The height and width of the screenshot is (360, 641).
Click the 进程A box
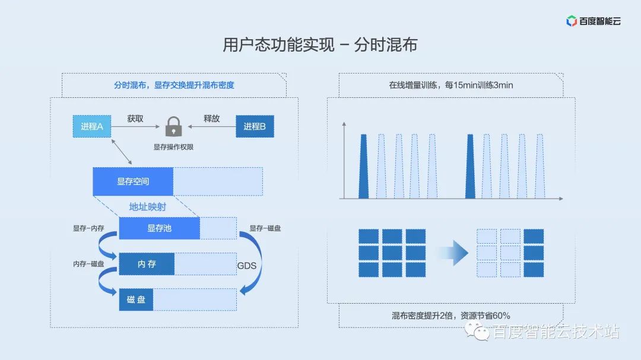92,126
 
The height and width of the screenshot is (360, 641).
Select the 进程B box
255,126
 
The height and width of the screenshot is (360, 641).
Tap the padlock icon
173,126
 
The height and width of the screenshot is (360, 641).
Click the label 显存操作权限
173,146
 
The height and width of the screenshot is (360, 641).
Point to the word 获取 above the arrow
135,119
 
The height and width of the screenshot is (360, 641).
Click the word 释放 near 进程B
212,119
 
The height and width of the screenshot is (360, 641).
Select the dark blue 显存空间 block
133,181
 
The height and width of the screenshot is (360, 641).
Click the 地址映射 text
148,207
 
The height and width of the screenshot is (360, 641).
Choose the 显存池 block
159,228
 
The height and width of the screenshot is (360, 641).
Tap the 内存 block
147,264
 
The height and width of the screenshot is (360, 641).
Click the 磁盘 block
136,300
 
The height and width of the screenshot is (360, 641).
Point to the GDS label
247,266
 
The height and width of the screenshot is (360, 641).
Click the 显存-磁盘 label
265,228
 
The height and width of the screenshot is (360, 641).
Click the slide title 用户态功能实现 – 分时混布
320,45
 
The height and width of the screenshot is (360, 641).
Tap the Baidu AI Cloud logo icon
572,21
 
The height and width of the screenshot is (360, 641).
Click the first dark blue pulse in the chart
363,166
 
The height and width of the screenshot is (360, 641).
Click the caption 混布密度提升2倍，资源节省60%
450,316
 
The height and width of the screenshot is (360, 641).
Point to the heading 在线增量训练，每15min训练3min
450,85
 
